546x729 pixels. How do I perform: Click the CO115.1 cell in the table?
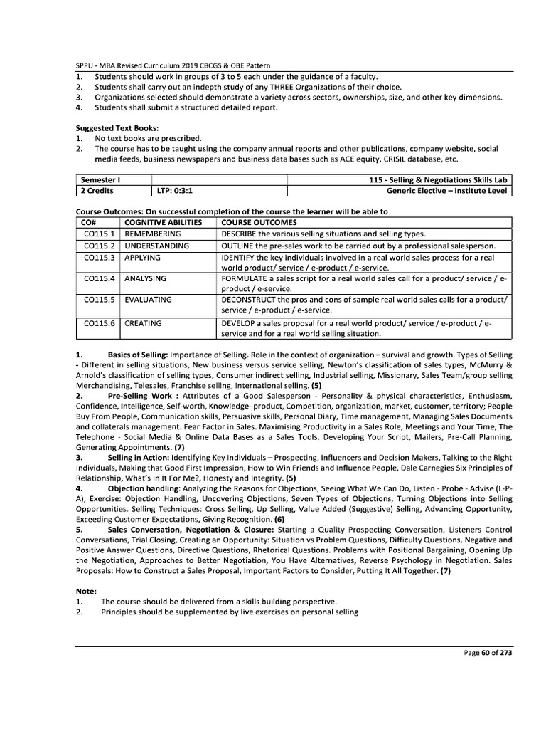pyautogui.click(x=98, y=234)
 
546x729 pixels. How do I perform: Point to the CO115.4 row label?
pyautogui.click(x=98, y=278)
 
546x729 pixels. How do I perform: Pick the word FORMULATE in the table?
pyautogui.click(x=246, y=278)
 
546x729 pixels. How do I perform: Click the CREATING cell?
pyautogui.click(x=143, y=323)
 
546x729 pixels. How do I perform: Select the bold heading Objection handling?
pyautogui.click(x=149, y=489)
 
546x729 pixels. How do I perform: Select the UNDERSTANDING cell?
pyautogui.click(x=157, y=246)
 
